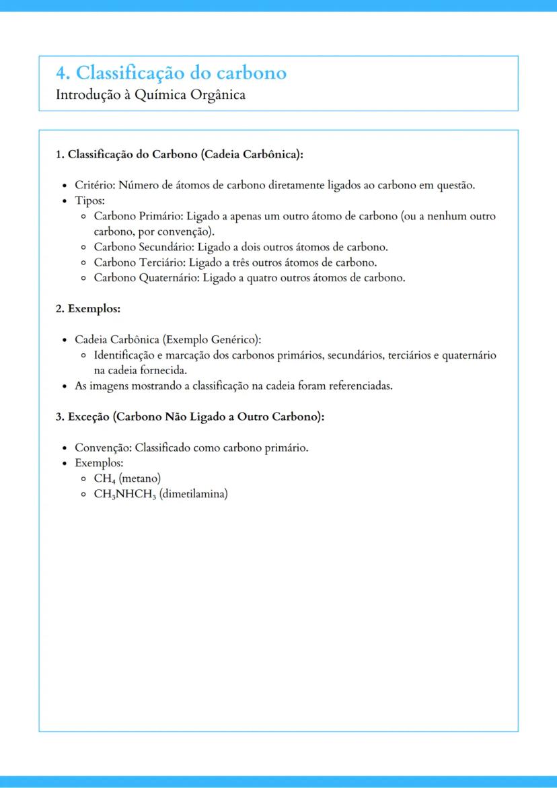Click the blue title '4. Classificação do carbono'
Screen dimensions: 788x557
coord(172,73)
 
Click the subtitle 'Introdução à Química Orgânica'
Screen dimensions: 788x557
coord(151,95)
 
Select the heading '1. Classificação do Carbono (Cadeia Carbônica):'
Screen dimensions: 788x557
coord(179,154)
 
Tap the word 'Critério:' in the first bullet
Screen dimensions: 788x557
coord(94,185)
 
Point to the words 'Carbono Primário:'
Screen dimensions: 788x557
coord(139,217)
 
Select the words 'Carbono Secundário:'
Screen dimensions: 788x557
coord(144,247)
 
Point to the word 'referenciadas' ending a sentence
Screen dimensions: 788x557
coord(360,386)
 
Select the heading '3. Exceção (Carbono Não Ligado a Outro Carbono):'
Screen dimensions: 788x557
coord(190,417)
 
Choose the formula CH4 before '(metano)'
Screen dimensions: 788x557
coord(104,479)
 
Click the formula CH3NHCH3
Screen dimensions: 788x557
coord(125,495)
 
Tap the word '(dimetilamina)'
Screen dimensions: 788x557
coord(194,495)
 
